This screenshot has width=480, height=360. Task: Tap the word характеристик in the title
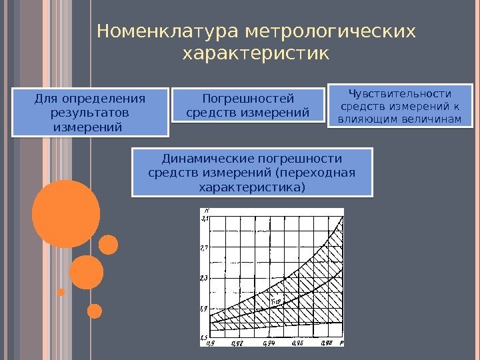[255, 53]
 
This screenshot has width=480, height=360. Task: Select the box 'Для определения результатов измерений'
[89, 112]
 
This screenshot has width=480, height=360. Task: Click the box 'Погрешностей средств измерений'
[248, 105]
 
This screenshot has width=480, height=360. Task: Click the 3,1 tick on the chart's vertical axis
[205, 217]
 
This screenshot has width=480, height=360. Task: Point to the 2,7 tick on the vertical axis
[205, 247]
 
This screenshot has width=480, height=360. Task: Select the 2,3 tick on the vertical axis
[205, 277]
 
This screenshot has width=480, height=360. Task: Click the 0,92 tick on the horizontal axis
[237, 343]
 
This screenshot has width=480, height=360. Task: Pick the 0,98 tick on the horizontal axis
[327, 343]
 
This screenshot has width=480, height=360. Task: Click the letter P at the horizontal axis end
[341, 342]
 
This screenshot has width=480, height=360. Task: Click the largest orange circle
[65, 214]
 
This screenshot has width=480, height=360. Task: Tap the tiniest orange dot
[61, 292]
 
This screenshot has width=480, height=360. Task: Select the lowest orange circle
[95, 311]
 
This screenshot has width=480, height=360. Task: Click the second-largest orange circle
[87, 272]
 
